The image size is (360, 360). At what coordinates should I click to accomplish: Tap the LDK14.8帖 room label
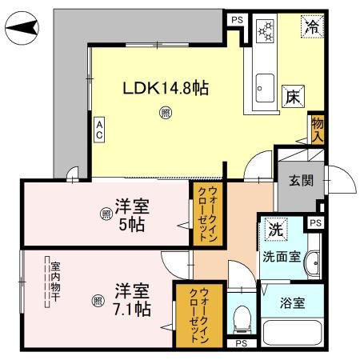pyautogui.click(x=166, y=88)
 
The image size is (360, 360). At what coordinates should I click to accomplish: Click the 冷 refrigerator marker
pyautogui.click(x=311, y=26)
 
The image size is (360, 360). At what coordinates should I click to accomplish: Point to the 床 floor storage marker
pyautogui.click(x=292, y=96)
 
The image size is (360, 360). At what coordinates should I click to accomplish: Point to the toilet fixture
pyautogui.click(x=239, y=318)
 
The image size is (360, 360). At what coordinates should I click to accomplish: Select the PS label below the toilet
pyautogui.click(x=240, y=343)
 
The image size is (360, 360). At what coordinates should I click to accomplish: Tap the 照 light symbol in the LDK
pyautogui.click(x=164, y=114)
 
